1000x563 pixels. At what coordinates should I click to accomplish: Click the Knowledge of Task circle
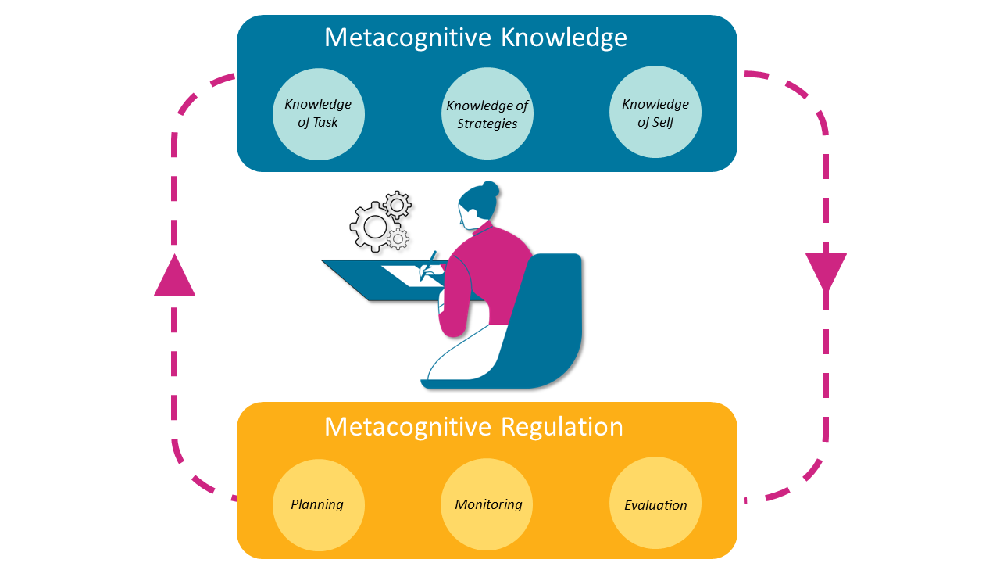pyautogui.click(x=318, y=113)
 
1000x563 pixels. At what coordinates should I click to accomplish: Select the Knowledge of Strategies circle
pyautogui.click(x=487, y=113)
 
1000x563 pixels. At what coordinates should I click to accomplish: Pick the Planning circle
pyautogui.click(x=318, y=504)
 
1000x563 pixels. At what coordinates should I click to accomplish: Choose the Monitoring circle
pyautogui.click(x=487, y=504)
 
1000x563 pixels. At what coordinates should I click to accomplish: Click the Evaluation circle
pyautogui.click(x=655, y=504)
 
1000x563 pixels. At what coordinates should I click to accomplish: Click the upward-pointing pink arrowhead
pyautogui.click(x=174, y=277)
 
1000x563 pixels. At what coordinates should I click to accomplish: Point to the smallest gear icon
pyautogui.click(x=398, y=238)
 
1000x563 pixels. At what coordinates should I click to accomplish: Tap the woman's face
pyautogui.click(x=466, y=217)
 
